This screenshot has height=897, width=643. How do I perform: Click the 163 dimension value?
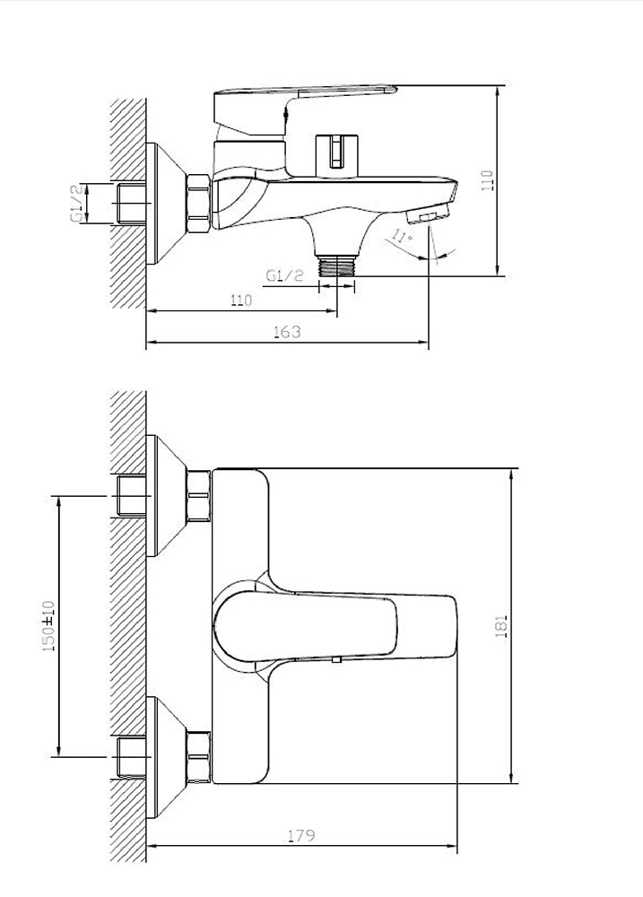(287, 332)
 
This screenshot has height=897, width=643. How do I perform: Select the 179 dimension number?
(301, 836)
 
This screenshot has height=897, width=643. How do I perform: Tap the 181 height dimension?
(501, 626)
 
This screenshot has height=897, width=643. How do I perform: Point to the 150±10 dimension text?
(48, 626)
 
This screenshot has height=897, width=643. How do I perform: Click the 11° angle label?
(402, 236)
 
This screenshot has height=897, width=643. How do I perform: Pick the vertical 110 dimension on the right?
(487, 180)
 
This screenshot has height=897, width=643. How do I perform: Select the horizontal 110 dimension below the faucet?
(241, 300)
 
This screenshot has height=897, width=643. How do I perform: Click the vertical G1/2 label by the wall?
(78, 203)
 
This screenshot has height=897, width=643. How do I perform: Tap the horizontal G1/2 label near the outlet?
(284, 275)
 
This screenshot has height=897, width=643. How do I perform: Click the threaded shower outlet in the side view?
(337, 266)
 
